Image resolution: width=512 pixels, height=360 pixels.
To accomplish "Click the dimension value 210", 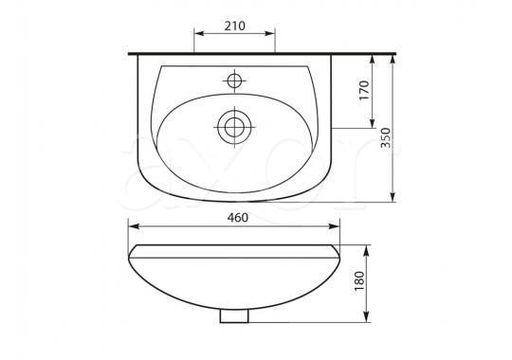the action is pos(234,26).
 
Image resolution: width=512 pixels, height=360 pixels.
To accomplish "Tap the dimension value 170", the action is pos(364,90).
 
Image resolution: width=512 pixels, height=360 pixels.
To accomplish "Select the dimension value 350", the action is pos(386,137).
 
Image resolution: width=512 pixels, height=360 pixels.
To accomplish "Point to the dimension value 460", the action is pos(237,218).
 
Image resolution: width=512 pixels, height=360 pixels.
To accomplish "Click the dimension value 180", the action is pos(358,281).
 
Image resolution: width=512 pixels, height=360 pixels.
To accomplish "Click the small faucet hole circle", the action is pos(234,81).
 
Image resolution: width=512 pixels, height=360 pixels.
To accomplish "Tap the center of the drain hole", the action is pos(234,127).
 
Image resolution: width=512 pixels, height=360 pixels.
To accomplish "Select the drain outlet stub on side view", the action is pos(234,315).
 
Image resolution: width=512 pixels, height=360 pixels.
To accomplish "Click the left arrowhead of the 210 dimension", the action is pos(199,33).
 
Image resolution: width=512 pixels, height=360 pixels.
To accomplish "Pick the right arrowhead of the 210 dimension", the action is pos(270,33).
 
